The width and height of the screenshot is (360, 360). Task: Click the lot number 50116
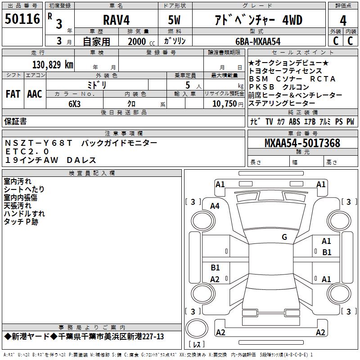(22, 19)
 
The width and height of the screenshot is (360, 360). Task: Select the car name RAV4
(116, 20)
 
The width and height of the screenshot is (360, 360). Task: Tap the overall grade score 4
(343, 20)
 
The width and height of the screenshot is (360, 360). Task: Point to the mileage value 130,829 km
(53, 64)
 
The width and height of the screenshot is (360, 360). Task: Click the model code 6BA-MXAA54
(258, 41)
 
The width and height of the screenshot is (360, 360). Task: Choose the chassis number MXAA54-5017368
(302, 143)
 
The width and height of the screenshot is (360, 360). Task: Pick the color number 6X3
(74, 104)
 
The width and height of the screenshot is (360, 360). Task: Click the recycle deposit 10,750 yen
(228, 104)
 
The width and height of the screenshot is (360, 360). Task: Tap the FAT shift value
(13, 94)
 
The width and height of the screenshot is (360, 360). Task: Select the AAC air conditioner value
(35, 94)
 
